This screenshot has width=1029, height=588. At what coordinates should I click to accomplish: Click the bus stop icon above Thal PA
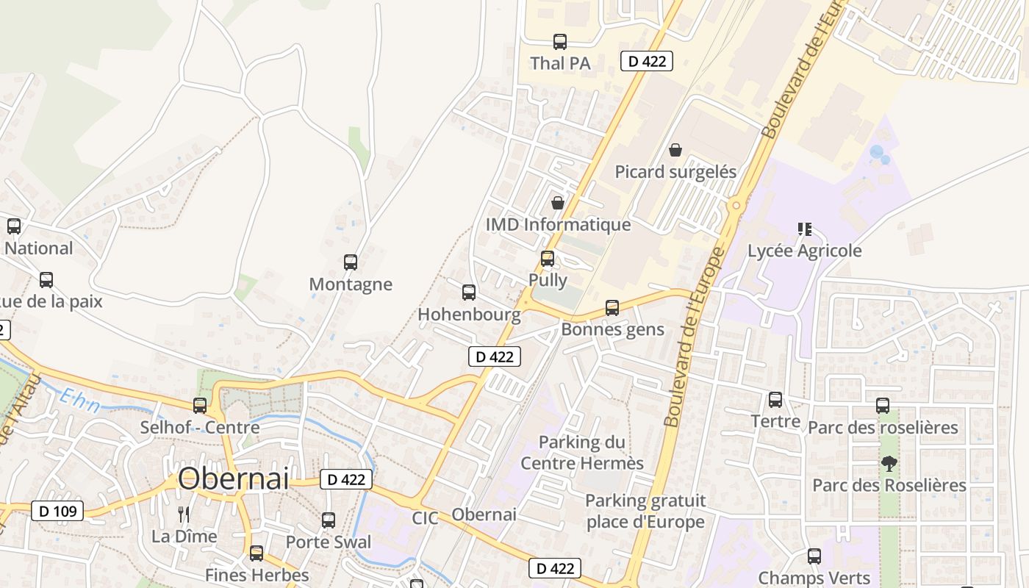tap(560, 42)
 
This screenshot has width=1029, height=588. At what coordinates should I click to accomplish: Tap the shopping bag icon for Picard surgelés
tap(675, 150)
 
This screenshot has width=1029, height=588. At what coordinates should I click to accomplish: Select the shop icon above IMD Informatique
tap(558, 202)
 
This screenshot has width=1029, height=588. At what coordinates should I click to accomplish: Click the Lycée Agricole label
tap(804, 251)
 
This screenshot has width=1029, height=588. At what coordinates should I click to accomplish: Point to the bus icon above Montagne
tap(351, 262)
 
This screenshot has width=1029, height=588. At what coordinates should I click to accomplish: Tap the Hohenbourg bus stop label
tap(469, 315)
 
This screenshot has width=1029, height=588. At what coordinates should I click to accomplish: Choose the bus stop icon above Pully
tap(548, 258)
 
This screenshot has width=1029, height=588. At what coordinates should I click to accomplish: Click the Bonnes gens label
tap(612, 329)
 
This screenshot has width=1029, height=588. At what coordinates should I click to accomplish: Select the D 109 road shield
tap(57, 511)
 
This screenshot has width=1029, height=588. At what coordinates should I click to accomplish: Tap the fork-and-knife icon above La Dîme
tap(184, 514)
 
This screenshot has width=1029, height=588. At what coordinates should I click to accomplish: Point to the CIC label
tap(425, 518)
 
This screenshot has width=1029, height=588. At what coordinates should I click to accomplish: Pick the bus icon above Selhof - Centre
tap(200, 405)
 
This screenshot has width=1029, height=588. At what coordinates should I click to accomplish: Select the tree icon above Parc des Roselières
tap(889, 464)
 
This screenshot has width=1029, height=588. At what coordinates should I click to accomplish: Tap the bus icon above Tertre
tap(775, 400)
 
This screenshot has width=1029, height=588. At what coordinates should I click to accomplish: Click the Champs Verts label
tap(814, 578)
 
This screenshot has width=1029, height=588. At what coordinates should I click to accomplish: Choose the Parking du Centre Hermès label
tap(582, 453)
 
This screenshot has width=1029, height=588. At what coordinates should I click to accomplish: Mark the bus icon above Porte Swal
tap(329, 520)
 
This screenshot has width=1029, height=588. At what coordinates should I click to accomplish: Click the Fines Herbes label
tap(257, 575)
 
